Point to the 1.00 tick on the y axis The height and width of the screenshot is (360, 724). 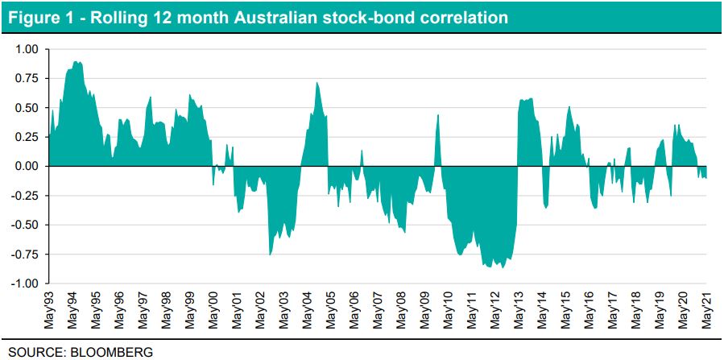click(x=27, y=48)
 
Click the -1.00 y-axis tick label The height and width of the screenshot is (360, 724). click(x=24, y=283)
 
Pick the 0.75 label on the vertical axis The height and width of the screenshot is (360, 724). click(x=27, y=78)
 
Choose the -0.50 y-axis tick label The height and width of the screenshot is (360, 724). click(x=24, y=225)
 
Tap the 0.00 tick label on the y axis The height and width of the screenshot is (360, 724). click(x=27, y=166)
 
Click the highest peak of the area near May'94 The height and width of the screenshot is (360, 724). click(x=76, y=62)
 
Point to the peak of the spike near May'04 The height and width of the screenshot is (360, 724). click(x=317, y=83)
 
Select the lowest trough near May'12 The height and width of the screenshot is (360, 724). click(x=501, y=267)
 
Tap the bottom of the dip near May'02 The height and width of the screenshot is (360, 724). click(x=270, y=254)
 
